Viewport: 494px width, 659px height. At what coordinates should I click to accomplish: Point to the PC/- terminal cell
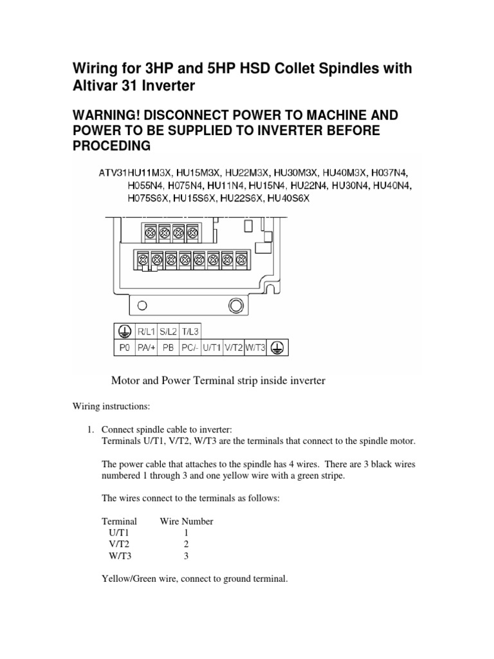[189, 348]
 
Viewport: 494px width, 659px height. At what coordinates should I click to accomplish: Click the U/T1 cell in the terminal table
[211, 348]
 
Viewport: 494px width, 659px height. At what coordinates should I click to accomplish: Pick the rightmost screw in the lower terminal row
[242, 259]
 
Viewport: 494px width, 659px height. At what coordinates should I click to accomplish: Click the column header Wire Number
[187, 521]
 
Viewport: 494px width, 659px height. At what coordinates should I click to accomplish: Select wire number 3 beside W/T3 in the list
[186, 556]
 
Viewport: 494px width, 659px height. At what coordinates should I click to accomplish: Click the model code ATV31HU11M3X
[129, 172]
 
